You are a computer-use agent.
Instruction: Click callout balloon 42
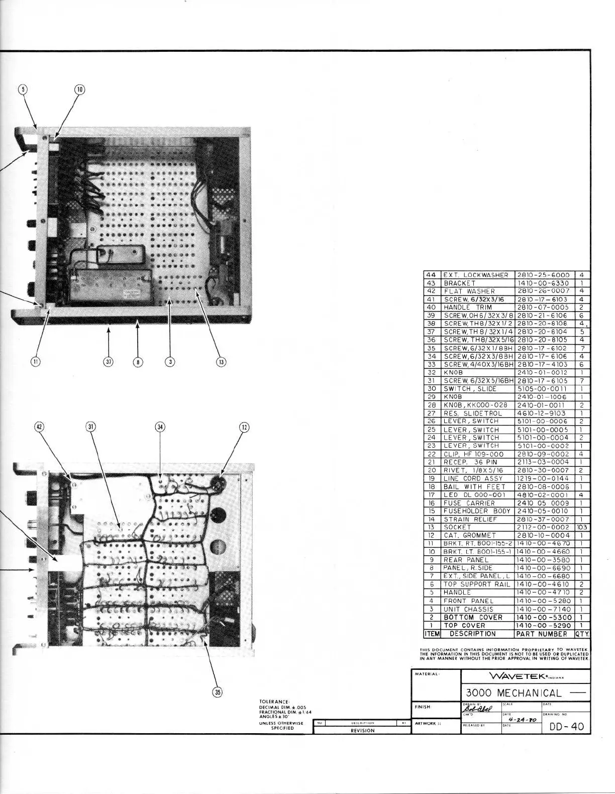pyautogui.click(x=39, y=427)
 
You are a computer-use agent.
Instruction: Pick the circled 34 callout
pyautogui.click(x=160, y=427)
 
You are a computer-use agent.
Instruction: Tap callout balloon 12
pyautogui.click(x=244, y=427)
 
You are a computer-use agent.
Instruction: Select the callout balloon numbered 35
pyautogui.click(x=218, y=692)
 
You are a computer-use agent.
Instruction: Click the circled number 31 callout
pyautogui.click(x=91, y=427)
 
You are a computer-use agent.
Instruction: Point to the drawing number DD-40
pyautogui.click(x=567, y=726)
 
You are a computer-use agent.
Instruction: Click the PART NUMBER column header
pyautogui.click(x=545, y=634)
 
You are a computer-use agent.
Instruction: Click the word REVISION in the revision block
pyautogui.click(x=362, y=731)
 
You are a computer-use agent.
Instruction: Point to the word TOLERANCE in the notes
pyautogui.click(x=274, y=702)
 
